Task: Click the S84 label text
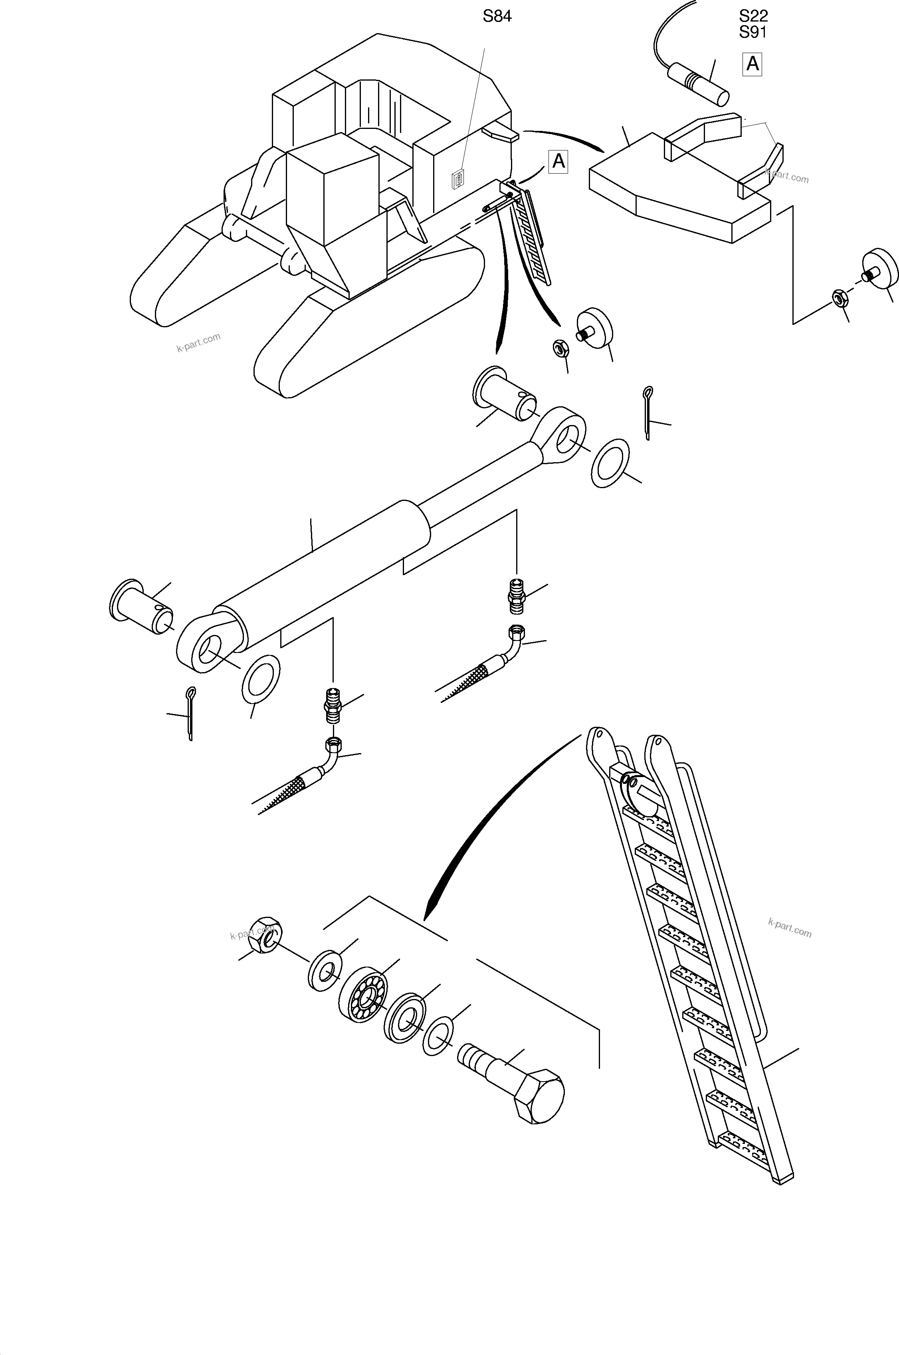pos(497,17)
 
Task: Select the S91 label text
pos(753,33)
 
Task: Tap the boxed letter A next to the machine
pos(558,162)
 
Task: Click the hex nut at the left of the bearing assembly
pos(264,933)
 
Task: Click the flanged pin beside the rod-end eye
pos(503,394)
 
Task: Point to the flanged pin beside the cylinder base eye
pos(141,607)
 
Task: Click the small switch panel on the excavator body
pos(459,180)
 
